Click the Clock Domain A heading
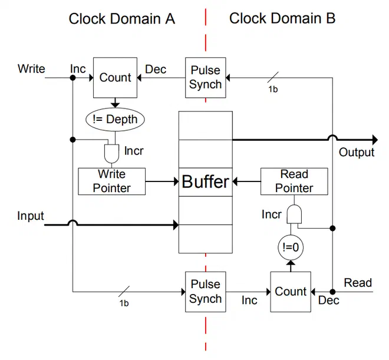click(x=122, y=19)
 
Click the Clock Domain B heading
click(x=282, y=18)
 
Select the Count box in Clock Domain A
click(x=115, y=78)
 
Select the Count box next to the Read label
click(x=291, y=292)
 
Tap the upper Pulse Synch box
click(x=206, y=78)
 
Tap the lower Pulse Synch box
click(x=206, y=292)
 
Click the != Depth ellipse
click(x=115, y=120)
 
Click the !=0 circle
click(x=291, y=247)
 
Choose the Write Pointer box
click(x=111, y=181)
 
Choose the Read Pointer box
click(x=294, y=181)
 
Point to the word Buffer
click(x=206, y=181)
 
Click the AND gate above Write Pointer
click(x=111, y=153)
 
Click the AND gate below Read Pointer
click(x=294, y=214)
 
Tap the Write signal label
click(x=31, y=69)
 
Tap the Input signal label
click(x=31, y=216)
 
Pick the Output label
click(x=357, y=152)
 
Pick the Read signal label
click(x=358, y=283)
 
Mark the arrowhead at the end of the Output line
click(x=375, y=140)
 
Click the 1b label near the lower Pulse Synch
click(x=124, y=303)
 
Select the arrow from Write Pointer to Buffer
click(x=162, y=181)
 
